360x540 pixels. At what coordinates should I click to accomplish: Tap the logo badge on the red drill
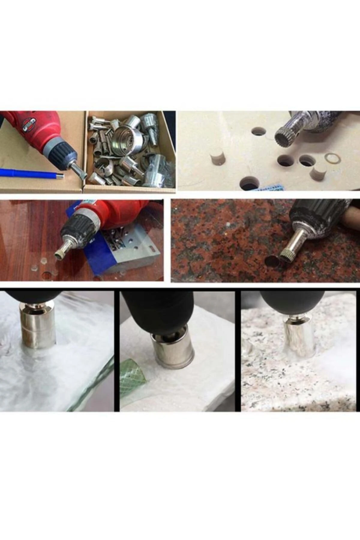coord(29,124)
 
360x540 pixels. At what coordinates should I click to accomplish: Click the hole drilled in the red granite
coord(273,260)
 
